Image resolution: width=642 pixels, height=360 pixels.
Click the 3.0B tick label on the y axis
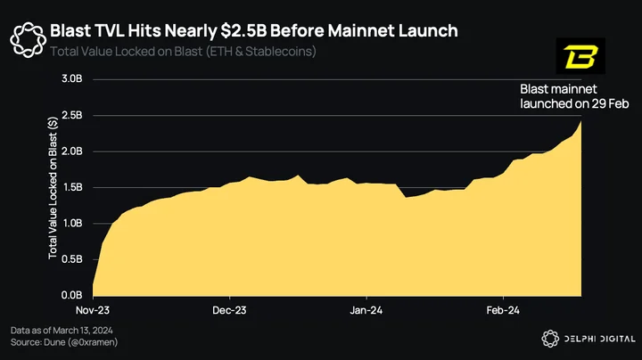[x=72, y=78]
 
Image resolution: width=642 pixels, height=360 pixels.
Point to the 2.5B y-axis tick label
[x=72, y=115]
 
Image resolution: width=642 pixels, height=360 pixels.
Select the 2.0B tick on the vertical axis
[x=72, y=151]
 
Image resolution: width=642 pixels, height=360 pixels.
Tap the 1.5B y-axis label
[x=72, y=187]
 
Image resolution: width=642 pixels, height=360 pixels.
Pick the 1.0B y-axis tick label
[x=72, y=224]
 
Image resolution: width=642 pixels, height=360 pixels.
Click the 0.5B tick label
[x=72, y=259]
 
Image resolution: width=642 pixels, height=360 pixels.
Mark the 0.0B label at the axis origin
[x=72, y=295]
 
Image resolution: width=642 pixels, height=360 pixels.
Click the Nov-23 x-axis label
[x=93, y=310]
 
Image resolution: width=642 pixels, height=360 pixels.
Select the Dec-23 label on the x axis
[x=229, y=310]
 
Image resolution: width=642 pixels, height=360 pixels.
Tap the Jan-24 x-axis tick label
[x=366, y=310]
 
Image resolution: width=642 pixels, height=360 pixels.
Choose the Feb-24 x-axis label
[x=503, y=310]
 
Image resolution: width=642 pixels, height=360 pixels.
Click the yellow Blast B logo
[x=580, y=56]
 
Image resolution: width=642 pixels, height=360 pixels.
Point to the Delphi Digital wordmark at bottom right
[x=599, y=339]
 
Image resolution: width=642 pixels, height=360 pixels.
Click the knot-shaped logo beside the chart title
[x=28, y=40]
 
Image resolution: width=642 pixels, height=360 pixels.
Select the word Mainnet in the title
[x=361, y=30]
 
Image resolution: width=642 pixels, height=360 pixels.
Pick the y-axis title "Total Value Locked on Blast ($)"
[x=53, y=188]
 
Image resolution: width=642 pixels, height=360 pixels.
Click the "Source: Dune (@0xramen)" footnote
[x=64, y=342]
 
